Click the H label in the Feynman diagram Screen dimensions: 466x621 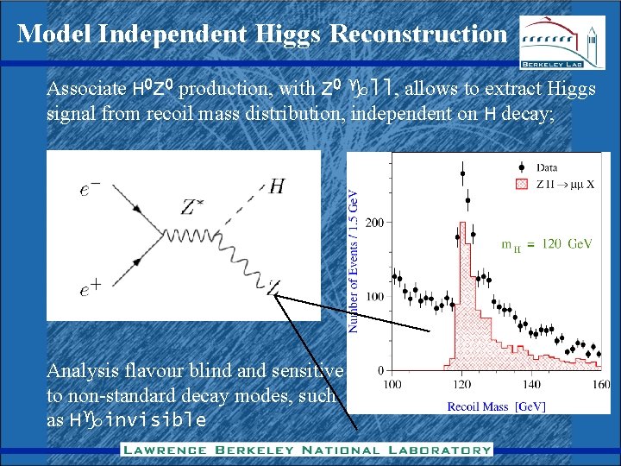coord(277,186)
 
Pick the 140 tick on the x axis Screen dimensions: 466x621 coord(532,384)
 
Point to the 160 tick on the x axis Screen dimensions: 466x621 coord(600,384)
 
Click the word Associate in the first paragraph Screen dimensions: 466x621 coord(85,89)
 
